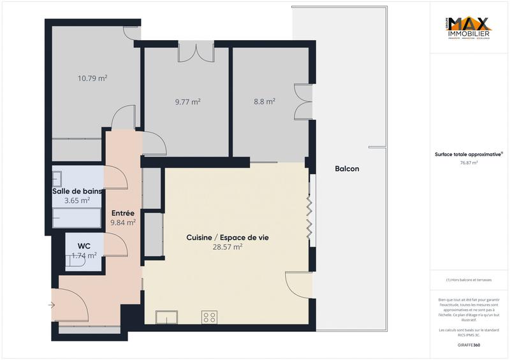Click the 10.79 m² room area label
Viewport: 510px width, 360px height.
click(92, 78)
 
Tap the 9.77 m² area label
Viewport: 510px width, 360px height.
click(187, 101)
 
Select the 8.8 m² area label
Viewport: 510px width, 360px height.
click(264, 101)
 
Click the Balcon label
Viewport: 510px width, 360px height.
click(347, 169)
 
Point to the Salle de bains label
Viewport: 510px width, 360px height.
click(77, 191)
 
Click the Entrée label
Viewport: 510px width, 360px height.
click(123, 213)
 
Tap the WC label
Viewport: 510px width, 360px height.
click(84, 245)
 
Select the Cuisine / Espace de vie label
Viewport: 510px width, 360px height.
click(228, 237)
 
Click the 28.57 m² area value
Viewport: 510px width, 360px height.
click(228, 247)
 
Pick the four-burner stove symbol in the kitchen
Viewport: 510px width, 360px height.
click(209, 317)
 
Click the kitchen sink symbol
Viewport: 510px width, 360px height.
click(168, 317)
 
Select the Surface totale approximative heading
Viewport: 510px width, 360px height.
click(469, 154)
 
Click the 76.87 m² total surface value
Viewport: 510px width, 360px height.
click(469, 162)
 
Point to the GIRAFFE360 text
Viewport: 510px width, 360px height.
click(469, 344)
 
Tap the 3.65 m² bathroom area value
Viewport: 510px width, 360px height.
click(77, 200)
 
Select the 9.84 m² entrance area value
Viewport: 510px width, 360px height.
click(123, 222)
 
